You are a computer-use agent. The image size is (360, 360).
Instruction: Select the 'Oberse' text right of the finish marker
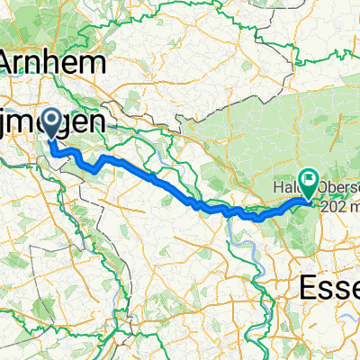click(x=338, y=186)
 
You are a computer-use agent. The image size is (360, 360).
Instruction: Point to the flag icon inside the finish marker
click(x=308, y=181)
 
